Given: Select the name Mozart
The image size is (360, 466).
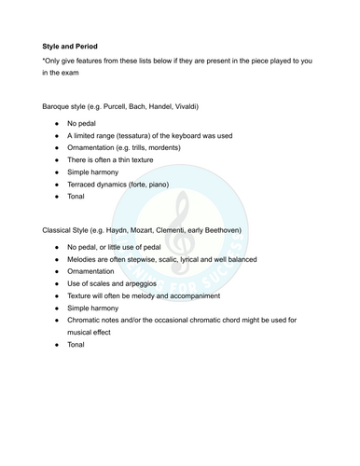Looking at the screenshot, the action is pos(157,229).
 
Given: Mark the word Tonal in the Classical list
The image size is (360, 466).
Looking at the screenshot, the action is pos(76,345).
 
